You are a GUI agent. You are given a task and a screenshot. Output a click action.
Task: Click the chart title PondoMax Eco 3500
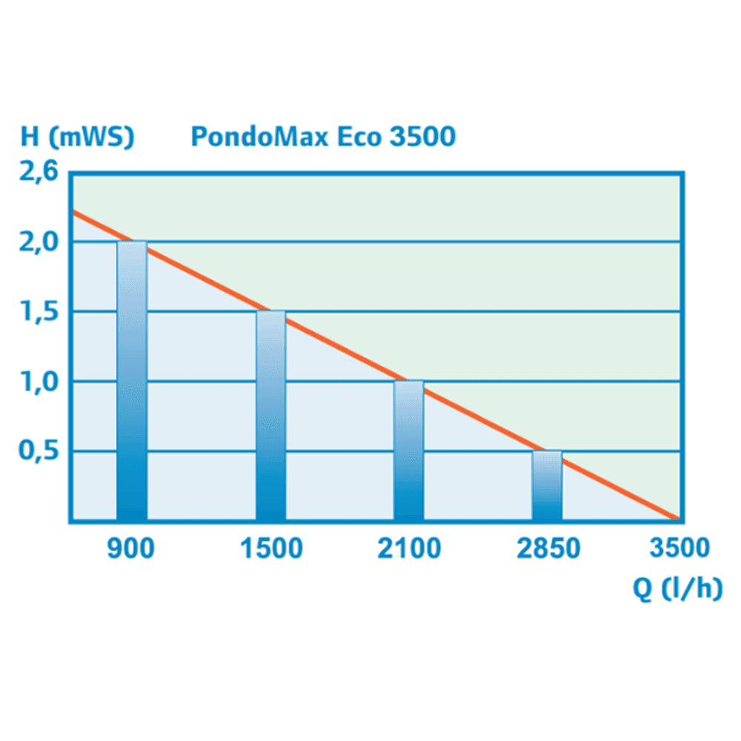[x=323, y=137]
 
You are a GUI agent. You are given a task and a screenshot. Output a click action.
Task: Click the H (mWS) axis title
[x=78, y=137]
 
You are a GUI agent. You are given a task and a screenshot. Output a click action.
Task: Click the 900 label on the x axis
[x=131, y=549]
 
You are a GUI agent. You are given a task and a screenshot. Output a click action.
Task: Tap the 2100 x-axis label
[x=408, y=549]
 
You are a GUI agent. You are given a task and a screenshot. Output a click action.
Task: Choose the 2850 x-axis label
[x=548, y=549]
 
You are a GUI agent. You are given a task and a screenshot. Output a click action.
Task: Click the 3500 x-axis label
[x=679, y=549]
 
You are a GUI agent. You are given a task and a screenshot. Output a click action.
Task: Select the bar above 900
[x=131, y=382]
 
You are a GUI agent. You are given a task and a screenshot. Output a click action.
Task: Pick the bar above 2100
[x=408, y=451]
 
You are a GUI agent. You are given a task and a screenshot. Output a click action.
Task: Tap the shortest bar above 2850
[x=548, y=485]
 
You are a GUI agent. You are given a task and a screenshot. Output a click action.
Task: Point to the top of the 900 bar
[x=131, y=242]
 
